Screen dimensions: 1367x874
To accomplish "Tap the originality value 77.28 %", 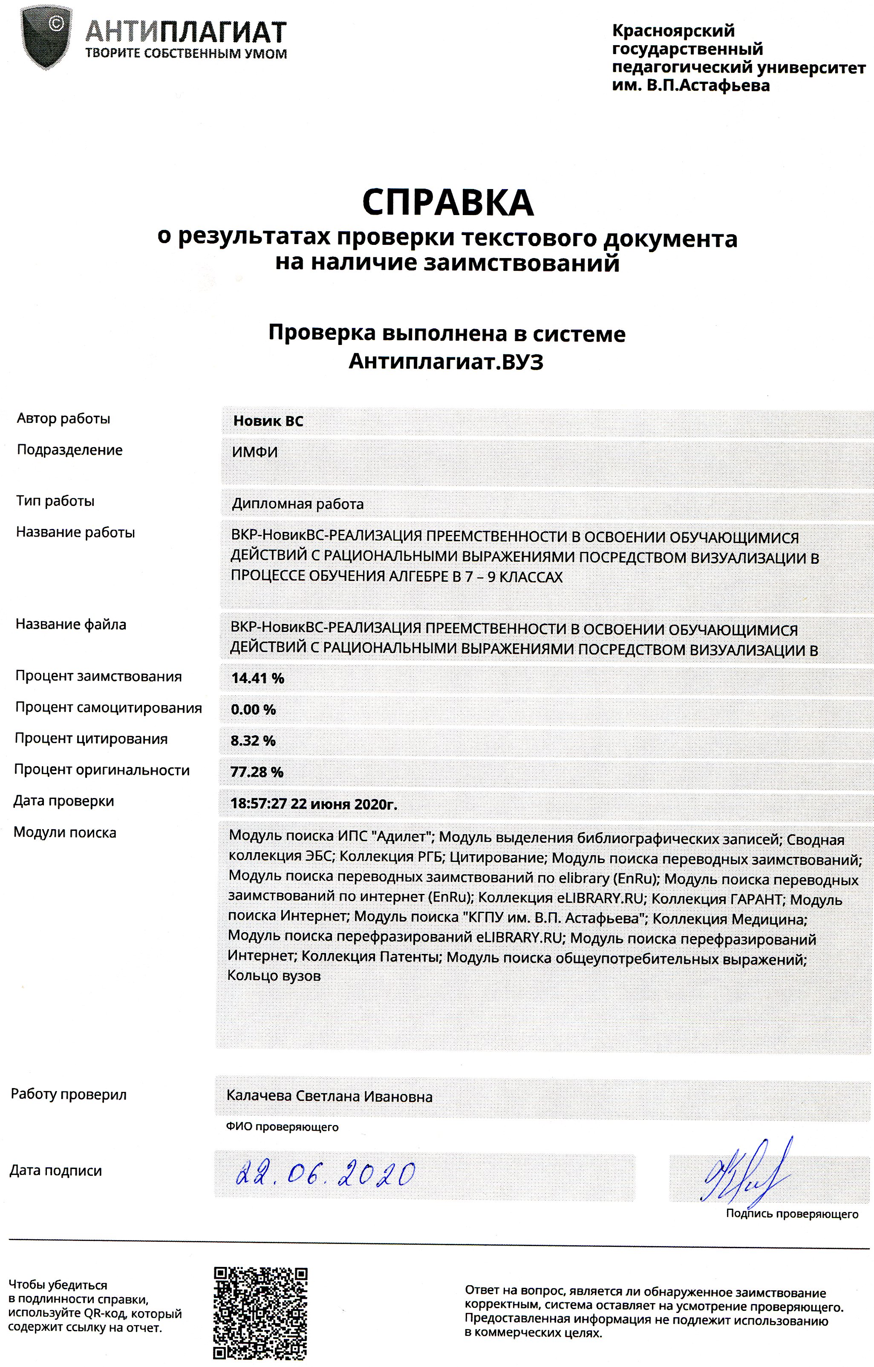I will pyautogui.click(x=257, y=772).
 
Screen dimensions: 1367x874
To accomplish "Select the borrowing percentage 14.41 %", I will pyautogui.click(x=258, y=678).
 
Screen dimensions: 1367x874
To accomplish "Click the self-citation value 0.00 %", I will pyautogui.click(x=253, y=709).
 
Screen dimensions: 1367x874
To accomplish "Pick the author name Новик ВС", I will pyautogui.click(x=268, y=421).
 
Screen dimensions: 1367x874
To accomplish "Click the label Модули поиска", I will pyautogui.click(x=65, y=833).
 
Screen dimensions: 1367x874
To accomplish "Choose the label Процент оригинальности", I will pyautogui.click(x=102, y=770).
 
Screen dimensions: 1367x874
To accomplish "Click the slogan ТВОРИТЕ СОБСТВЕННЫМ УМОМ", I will pyautogui.click(x=186, y=55).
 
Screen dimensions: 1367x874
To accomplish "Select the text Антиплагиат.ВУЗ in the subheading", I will pyautogui.click(x=446, y=362).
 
